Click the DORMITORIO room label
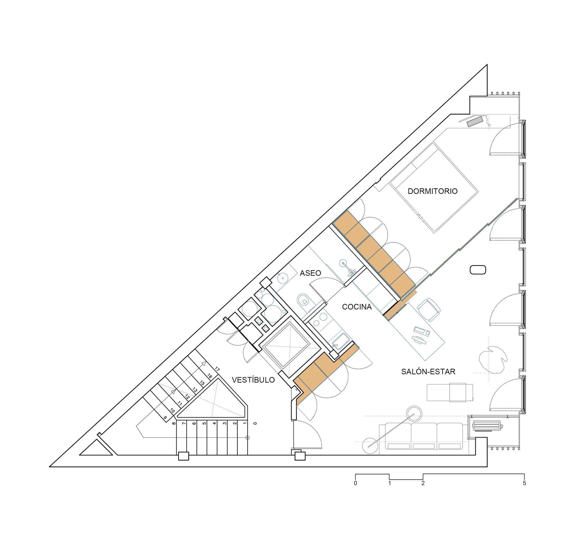pos(432,191)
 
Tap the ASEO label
pos(310,273)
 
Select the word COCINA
pos(357,307)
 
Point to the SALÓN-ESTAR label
pos(428,372)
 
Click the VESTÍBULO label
pos(253,380)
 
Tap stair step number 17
pos(217,369)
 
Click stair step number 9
pos(165,417)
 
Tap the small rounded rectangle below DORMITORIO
pos(478,270)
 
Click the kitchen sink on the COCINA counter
pos(340,341)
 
